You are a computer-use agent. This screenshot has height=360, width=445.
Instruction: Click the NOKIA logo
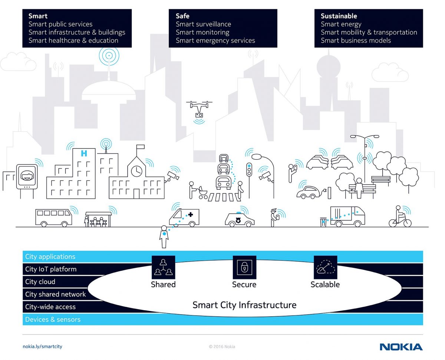coord(401,347)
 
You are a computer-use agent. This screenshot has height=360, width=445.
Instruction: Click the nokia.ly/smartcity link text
coord(42,347)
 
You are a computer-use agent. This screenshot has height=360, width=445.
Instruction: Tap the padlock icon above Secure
coord(244,267)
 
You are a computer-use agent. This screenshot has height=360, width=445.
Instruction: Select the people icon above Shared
coord(163,267)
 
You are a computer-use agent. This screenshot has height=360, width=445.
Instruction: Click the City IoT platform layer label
coord(51,269)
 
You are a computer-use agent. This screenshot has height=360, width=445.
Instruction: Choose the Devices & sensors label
coord(53,320)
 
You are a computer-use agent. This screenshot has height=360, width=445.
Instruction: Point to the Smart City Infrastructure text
coord(244,305)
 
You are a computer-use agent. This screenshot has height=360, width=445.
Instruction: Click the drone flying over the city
coord(200,109)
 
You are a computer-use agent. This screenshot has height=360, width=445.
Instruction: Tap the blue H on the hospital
coord(84,153)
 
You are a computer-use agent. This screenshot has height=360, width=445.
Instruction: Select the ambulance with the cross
coord(184,217)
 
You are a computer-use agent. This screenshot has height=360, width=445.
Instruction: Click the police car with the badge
coord(240,219)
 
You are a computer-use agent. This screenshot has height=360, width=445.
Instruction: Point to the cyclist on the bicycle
coord(400,217)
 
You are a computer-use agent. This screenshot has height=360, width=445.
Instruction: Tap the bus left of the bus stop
coord(53,217)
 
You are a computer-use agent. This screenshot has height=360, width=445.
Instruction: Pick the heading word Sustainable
coord(339,16)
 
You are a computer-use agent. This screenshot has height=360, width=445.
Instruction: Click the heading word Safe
coord(182,16)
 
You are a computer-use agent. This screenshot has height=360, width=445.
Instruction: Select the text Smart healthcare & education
coord(73,40)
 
